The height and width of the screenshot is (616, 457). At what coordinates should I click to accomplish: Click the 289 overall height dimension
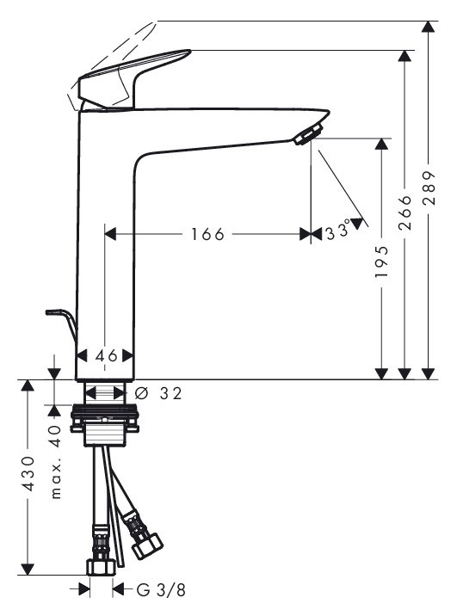tap(430, 188)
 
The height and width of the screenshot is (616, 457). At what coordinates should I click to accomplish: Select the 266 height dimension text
tap(405, 213)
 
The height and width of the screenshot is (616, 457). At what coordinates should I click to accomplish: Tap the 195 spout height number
tap(381, 262)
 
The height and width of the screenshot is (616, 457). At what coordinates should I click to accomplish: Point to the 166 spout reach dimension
tap(207, 234)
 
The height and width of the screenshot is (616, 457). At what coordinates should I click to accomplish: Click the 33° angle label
tap(338, 230)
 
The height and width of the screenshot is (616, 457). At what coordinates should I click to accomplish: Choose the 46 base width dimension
tap(107, 356)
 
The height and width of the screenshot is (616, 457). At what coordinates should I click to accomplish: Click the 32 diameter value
tap(171, 393)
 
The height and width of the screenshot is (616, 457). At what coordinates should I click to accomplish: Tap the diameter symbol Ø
tap(140, 393)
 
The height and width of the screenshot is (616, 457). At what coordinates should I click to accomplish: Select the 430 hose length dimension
tap(28, 474)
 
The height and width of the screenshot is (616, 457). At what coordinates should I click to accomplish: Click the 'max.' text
tap(56, 480)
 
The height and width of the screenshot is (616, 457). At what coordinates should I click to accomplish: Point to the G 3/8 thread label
tap(161, 590)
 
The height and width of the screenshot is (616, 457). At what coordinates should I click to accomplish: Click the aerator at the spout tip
tap(309, 133)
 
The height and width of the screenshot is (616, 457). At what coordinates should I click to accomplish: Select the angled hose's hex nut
tap(147, 545)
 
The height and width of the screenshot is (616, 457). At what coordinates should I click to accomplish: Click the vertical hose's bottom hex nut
tap(101, 568)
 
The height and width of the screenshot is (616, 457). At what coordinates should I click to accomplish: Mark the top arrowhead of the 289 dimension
tap(428, 27)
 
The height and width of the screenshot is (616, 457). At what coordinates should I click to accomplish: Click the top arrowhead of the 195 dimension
tap(381, 144)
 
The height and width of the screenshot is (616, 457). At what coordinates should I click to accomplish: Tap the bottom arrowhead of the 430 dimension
tap(28, 570)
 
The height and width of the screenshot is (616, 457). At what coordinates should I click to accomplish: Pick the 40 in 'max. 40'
tap(56, 436)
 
